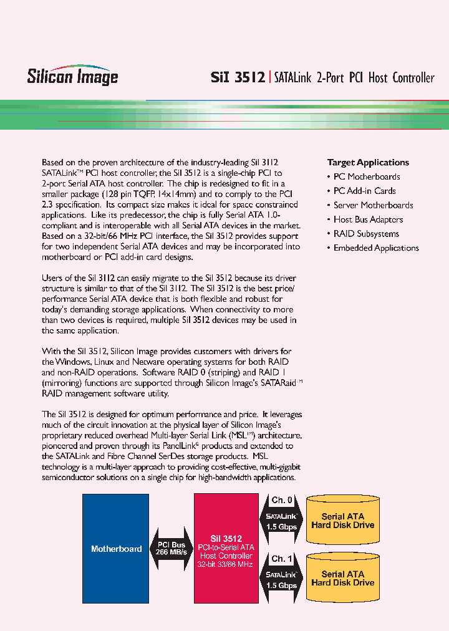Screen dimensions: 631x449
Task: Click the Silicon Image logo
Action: [x=72, y=76]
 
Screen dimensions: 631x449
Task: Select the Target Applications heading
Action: [x=368, y=162]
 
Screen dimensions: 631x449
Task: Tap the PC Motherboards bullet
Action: [x=367, y=176]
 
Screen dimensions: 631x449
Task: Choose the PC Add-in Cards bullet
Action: [x=364, y=191]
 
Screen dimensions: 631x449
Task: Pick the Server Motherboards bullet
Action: [x=373, y=205]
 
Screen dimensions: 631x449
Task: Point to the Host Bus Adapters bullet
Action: [x=368, y=219]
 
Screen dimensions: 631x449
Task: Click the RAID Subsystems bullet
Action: [x=366, y=234]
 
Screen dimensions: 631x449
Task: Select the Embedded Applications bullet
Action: [x=376, y=248]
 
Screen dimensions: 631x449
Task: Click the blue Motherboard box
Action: [x=116, y=549]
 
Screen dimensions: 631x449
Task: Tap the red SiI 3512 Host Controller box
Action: [x=225, y=549]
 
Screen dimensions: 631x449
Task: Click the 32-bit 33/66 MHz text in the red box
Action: [x=225, y=564]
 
